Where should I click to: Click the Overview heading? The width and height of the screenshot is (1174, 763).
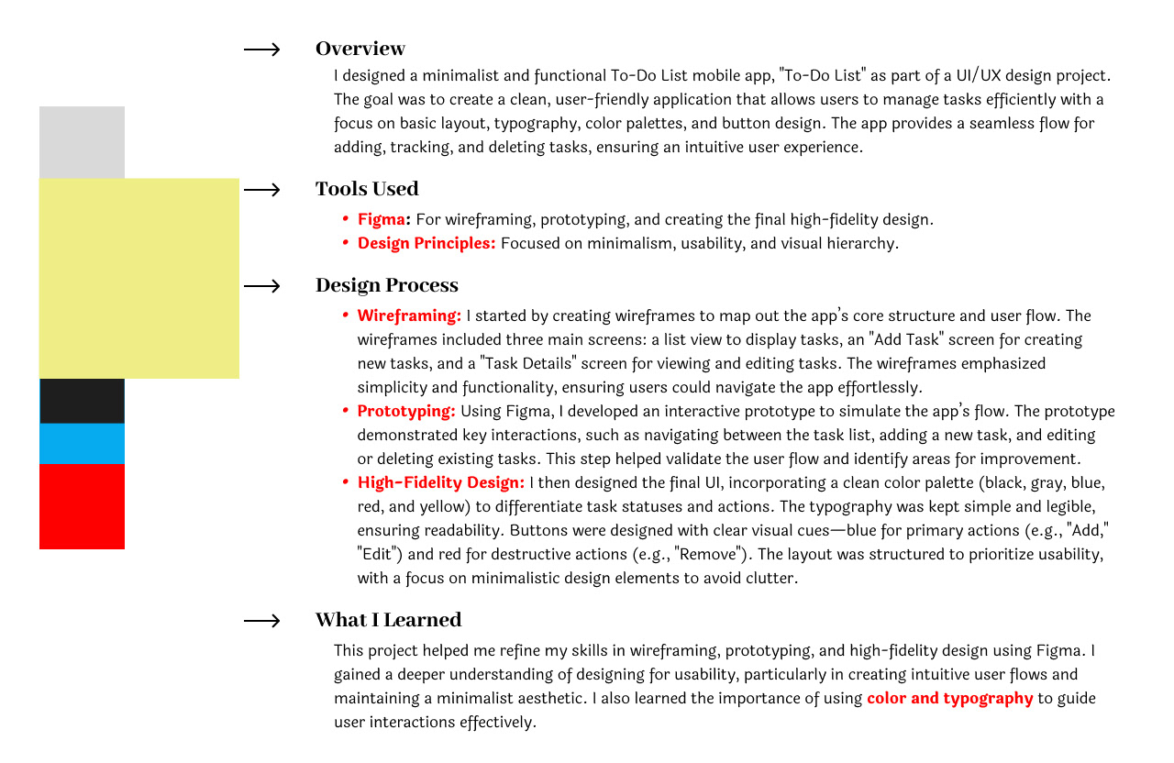point(360,49)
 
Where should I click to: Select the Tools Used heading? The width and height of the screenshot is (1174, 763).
point(367,189)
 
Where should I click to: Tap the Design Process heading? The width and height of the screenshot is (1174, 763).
point(386,285)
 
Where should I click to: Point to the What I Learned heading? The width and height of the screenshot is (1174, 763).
point(388,620)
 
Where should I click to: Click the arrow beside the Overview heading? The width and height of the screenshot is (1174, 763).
point(262,50)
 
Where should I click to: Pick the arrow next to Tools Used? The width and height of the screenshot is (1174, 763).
point(262,190)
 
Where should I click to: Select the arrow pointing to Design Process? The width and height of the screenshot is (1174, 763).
point(262,286)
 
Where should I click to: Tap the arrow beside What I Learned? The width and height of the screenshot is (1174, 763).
point(262,621)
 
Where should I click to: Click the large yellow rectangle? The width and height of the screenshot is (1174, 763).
point(138,278)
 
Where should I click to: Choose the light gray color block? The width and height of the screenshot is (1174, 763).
point(82,142)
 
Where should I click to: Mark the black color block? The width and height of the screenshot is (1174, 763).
point(82,401)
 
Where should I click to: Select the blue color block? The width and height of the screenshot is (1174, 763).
point(82,443)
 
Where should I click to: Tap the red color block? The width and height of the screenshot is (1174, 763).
point(82,506)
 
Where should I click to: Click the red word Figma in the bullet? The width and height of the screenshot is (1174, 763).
point(382,219)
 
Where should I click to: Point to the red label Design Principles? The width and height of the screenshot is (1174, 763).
point(426,243)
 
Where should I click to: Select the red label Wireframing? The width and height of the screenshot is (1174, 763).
point(409,315)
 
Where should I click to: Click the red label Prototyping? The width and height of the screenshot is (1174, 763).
point(406,411)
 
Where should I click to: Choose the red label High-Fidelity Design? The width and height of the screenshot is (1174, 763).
point(441,482)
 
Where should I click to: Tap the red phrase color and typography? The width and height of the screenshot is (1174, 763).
point(949,698)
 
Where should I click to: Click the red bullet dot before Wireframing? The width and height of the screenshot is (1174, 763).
point(346,315)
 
